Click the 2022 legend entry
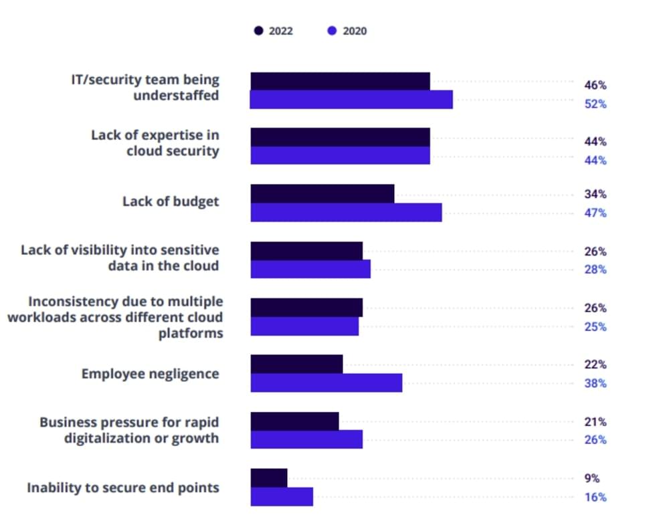274,31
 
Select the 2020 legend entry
347,31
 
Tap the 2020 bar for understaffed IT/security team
351,100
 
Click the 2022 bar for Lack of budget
322,194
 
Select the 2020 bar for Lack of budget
346,213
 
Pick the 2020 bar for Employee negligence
326,383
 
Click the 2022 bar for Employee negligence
296,364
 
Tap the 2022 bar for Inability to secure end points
269,478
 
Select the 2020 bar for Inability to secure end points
282,497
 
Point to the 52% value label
595,104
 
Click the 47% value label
595,213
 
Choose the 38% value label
595,383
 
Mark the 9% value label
591,478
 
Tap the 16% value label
595,497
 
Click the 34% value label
595,194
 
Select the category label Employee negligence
150,374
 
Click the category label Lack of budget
171,201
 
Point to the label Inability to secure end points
123,488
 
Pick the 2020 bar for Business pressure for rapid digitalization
306,439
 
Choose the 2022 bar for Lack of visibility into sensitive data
306,251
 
